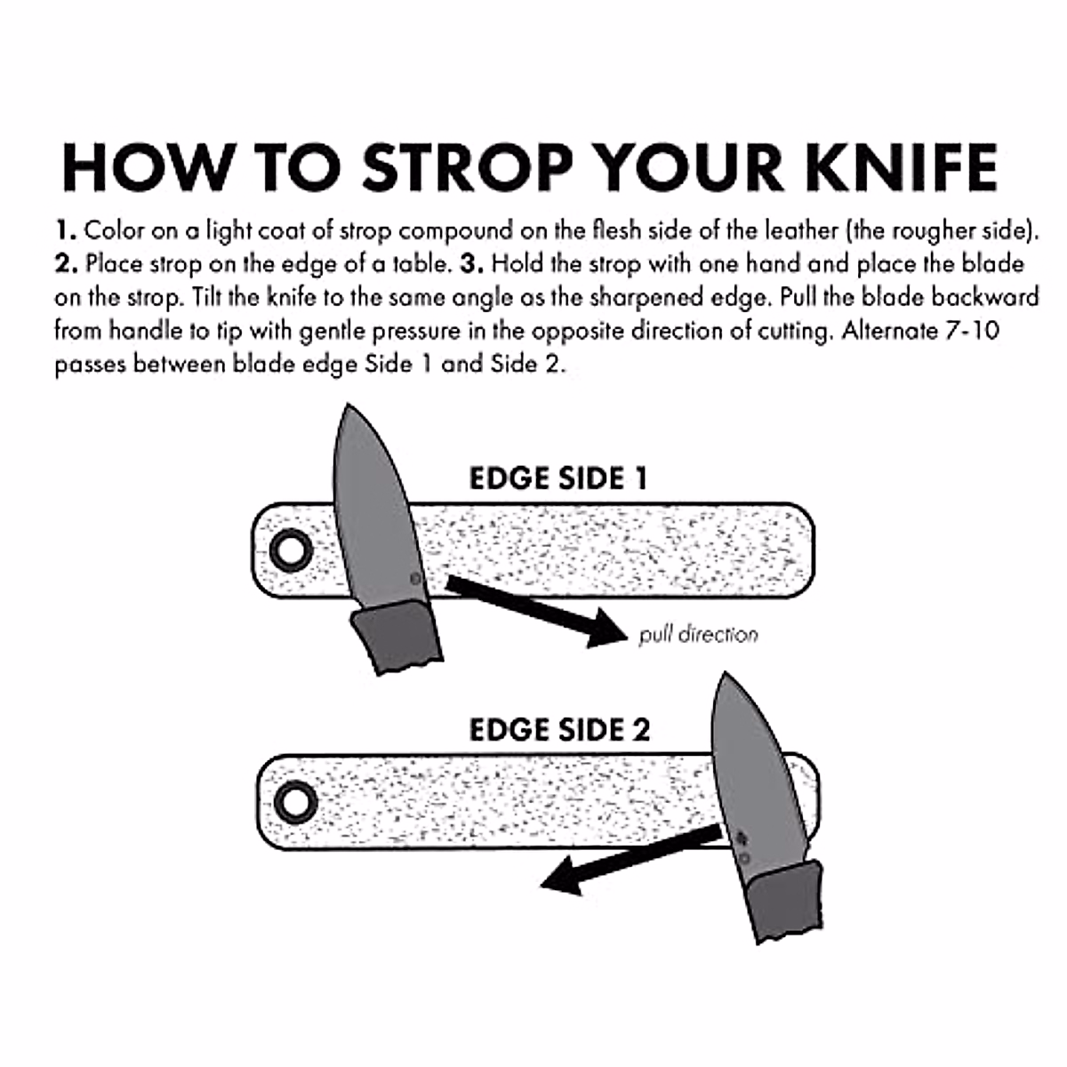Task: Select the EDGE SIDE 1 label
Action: [x=558, y=478]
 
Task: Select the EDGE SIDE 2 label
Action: [x=559, y=730]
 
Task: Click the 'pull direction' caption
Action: [x=698, y=635]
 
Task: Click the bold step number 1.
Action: [x=64, y=232]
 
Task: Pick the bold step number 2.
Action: [x=65, y=265]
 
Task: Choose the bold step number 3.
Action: [x=474, y=265]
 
